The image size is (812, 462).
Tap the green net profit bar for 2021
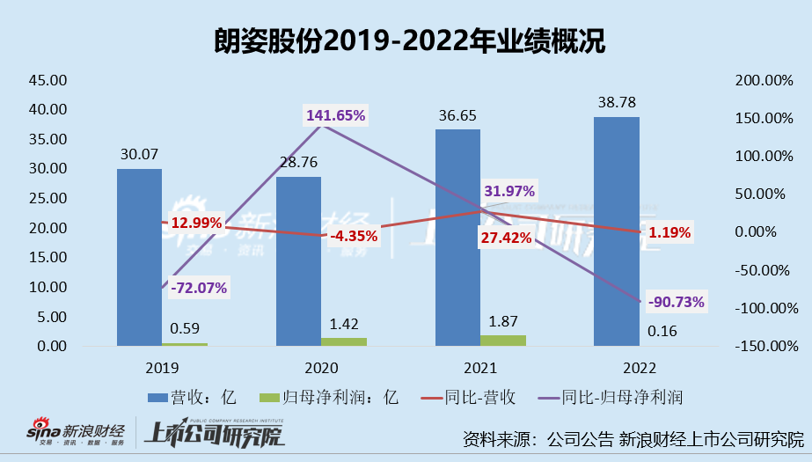coord(502,340)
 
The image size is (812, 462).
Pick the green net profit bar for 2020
coord(344,341)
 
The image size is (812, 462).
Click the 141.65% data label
coord(335,115)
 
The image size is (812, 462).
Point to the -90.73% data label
coord(676,302)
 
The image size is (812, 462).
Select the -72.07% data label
coord(199,287)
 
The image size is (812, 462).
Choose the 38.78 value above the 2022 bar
coord(616,103)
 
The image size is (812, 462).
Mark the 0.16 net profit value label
coord(661,332)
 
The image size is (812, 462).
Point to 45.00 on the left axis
coord(48,80)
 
